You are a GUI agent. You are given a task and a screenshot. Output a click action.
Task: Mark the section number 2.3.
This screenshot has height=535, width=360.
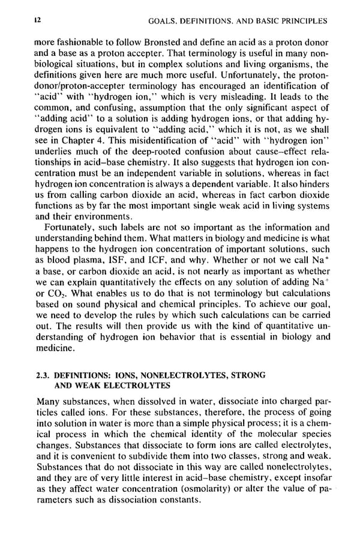(45, 375)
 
